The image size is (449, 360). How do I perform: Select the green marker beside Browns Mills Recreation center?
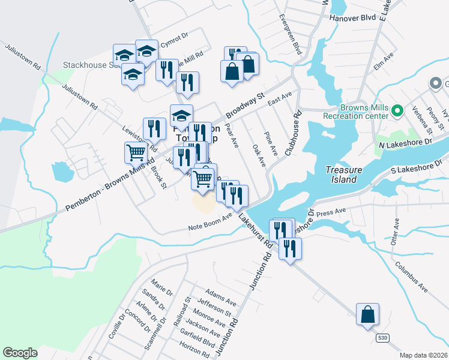[397, 110]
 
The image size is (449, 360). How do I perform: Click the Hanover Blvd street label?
[352, 18]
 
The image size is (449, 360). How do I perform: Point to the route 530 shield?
[382, 338]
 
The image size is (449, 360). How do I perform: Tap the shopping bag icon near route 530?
[367, 314]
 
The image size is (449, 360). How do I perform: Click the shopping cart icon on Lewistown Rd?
[136, 152]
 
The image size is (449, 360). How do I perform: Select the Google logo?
[20, 353]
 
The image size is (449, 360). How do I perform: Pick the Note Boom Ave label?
[210, 222]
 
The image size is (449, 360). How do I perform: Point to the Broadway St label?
[245, 105]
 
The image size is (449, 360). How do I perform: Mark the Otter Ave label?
[395, 231]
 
